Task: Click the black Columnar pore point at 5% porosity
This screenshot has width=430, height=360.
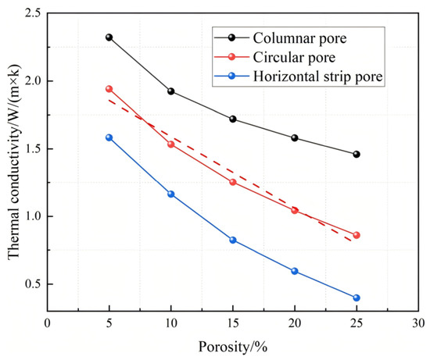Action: [109, 37]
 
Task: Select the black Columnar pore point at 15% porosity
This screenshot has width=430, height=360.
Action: [233, 119]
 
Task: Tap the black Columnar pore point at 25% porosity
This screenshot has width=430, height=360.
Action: [357, 155]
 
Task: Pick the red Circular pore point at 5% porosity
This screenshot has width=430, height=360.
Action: [109, 89]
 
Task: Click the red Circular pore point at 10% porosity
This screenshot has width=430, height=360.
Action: [171, 144]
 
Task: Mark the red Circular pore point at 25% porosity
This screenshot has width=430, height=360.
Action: [357, 235]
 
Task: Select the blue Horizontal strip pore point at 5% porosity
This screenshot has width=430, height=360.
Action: [109, 137]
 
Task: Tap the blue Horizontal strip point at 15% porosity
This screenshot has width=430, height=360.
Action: [233, 240]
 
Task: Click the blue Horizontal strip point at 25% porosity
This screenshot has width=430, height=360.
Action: [357, 298]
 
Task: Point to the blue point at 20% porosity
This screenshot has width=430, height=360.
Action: [295, 271]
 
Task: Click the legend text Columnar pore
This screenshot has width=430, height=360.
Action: [299, 38]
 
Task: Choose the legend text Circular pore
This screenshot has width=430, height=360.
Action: [294, 58]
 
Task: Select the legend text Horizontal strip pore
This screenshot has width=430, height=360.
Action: [318, 77]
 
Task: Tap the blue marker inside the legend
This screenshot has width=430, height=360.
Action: [232, 76]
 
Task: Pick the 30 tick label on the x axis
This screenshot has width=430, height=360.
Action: [418, 323]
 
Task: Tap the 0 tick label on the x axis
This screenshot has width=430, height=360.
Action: [48, 323]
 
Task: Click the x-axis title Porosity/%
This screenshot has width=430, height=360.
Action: [233, 348]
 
